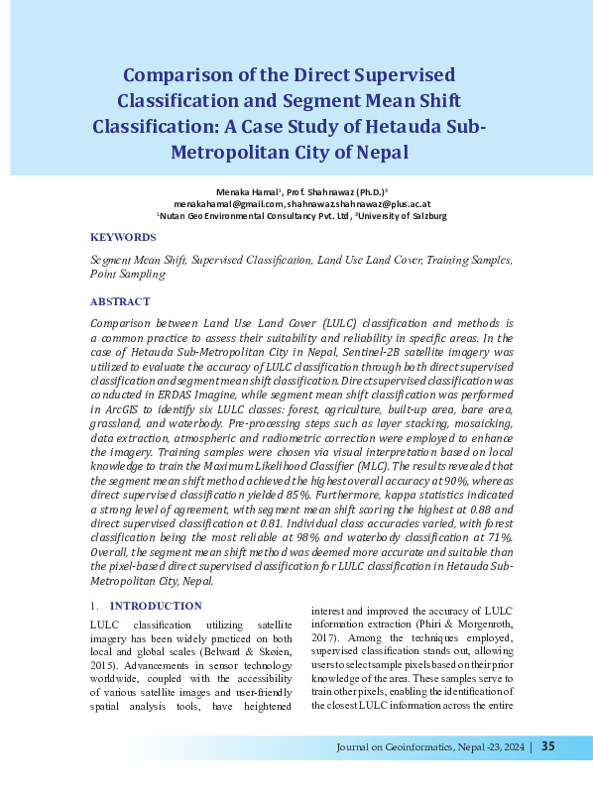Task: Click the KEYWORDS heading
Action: (123, 238)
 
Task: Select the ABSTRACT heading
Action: (120, 301)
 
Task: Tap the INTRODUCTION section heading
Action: (155, 606)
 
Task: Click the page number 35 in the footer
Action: (548, 747)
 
